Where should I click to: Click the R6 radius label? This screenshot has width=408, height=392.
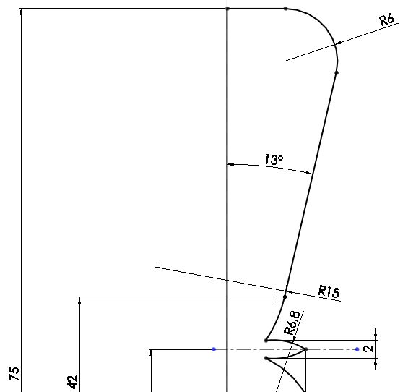pyautogui.click(x=386, y=20)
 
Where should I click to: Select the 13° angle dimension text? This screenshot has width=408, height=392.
pyautogui.click(x=274, y=160)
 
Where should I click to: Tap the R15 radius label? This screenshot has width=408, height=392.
pyautogui.click(x=329, y=291)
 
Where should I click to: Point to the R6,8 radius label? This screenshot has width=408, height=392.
pyautogui.click(x=292, y=323)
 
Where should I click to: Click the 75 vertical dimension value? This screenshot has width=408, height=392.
pyautogui.click(x=14, y=374)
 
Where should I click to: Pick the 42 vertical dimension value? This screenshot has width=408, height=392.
pyautogui.click(x=73, y=382)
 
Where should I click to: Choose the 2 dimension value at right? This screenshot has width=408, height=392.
pyautogui.click(x=369, y=349)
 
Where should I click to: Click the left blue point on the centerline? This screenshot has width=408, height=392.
pyautogui.click(x=214, y=349)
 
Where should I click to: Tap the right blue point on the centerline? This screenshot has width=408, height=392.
pyautogui.click(x=357, y=349)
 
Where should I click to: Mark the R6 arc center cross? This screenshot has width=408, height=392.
pyautogui.click(x=285, y=61)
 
